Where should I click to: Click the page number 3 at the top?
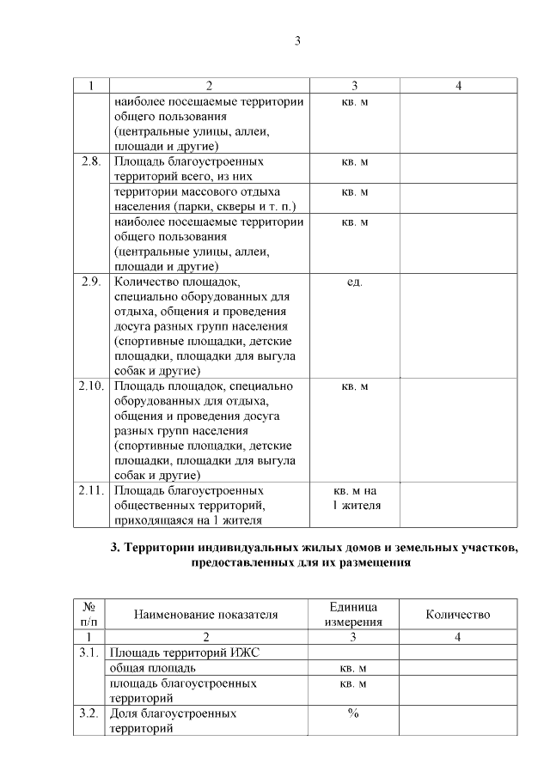[297, 41]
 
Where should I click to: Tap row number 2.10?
[90, 385]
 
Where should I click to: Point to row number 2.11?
[90, 490]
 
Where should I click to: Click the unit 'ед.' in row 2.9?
[354, 282]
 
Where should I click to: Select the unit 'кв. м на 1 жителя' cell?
[354, 498]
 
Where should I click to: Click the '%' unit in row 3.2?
[353, 713]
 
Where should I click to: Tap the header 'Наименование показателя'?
[205, 615]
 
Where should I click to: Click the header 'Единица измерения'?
[354, 614]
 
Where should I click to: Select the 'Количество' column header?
[458, 615]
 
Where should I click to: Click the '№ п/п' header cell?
[89, 614]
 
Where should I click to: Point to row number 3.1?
[90, 653]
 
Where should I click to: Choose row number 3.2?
[90, 713]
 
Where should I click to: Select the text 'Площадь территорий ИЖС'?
[185, 653]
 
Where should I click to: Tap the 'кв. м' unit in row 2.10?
[354, 386]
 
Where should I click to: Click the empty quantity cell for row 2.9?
[458, 326]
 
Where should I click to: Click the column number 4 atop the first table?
[458, 86]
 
